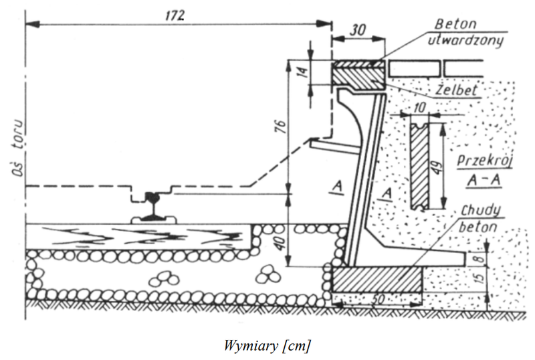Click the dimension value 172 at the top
coord(175,15)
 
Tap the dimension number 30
coord(358,30)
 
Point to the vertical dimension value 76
coord(282,126)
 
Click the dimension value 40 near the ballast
coord(280,242)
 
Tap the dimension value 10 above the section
coord(419,108)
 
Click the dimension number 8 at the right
coord(480,258)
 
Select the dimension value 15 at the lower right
coord(479,276)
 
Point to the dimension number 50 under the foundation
coord(378,299)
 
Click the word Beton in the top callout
coord(455,24)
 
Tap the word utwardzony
coord(465,41)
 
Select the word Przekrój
coord(485,161)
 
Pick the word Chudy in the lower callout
coord(481,211)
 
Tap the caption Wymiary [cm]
coord(267,345)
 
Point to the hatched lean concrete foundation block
coord(377,280)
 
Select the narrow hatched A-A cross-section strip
coord(419,166)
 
